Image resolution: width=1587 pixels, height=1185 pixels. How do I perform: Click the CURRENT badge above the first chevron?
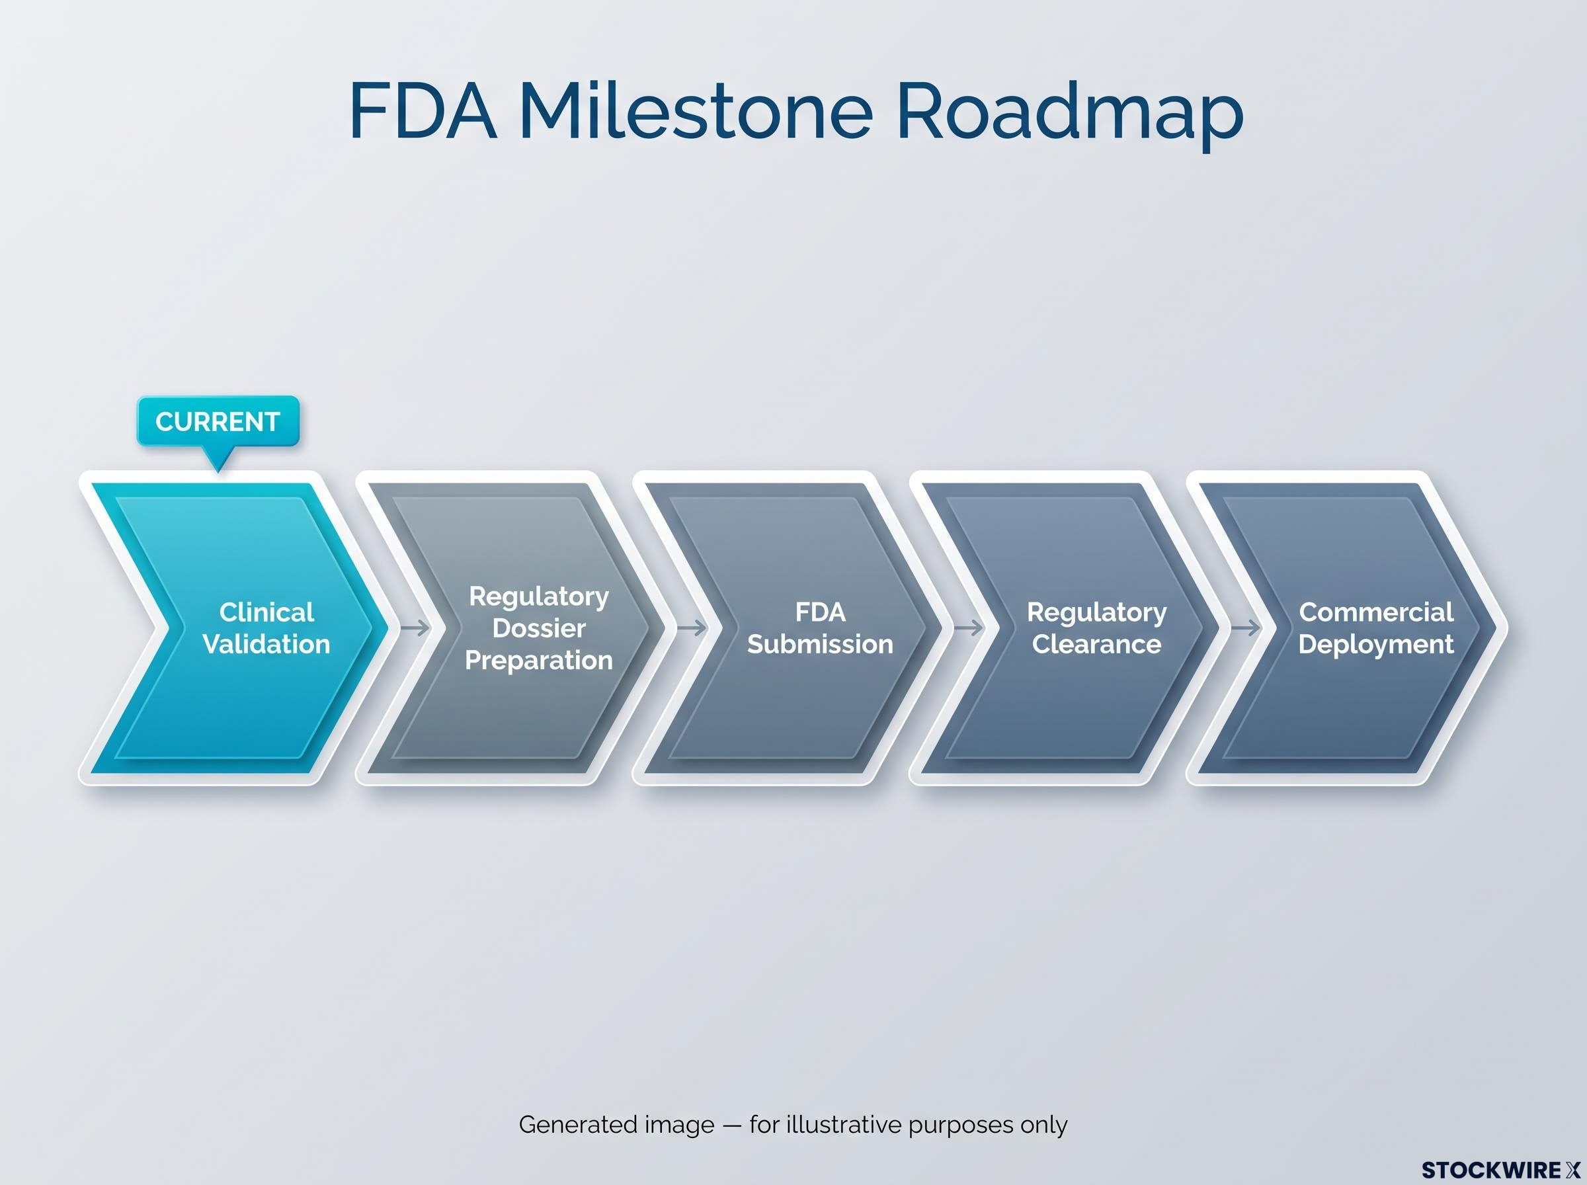218,422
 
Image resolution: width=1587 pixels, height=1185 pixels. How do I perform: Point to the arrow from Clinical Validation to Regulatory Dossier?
415,628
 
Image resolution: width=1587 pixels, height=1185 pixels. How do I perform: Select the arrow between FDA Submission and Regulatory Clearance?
969,628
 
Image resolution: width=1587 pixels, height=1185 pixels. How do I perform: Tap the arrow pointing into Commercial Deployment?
1246,628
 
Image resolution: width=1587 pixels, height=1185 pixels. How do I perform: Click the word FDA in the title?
423,112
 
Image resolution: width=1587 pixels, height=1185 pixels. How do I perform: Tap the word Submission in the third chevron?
821,644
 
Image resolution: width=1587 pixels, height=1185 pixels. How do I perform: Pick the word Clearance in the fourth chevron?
1096,644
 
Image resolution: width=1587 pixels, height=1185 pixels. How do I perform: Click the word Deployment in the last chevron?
1376,645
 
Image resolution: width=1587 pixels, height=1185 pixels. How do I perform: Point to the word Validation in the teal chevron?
266,644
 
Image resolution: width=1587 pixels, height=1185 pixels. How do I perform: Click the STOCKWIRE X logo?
1500,1170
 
